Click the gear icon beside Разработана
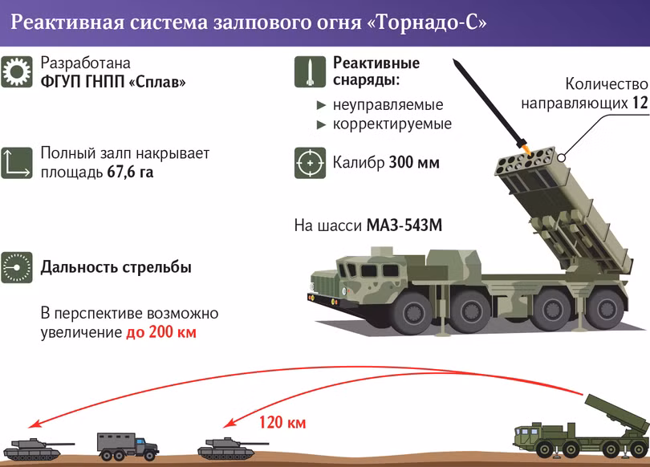(x=16, y=72)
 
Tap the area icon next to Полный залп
(x=16, y=162)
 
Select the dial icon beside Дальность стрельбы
(x=16, y=267)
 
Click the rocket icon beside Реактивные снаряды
(x=310, y=72)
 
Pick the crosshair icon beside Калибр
(x=310, y=162)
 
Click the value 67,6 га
(x=130, y=172)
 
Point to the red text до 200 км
(x=160, y=332)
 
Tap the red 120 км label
(x=282, y=422)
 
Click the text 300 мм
(x=414, y=163)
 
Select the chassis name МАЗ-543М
(x=404, y=225)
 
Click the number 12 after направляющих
(x=639, y=103)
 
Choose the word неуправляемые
(x=388, y=104)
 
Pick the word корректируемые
(x=392, y=124)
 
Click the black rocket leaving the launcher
(x=485, y=101)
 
